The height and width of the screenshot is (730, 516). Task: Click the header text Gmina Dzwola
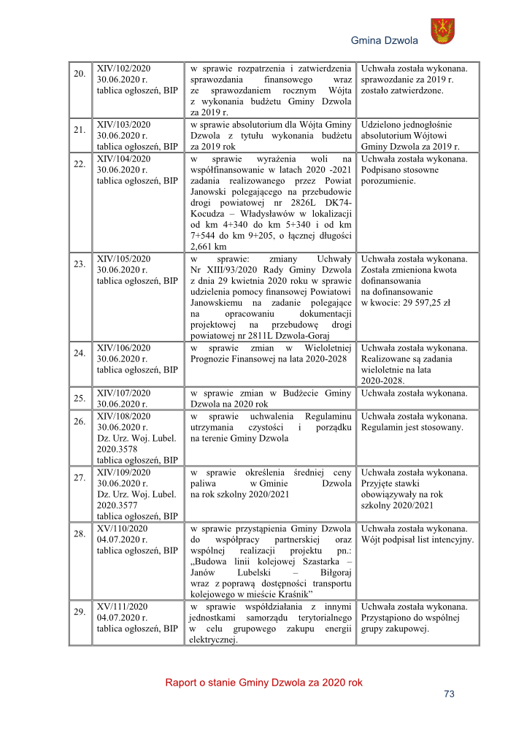385,40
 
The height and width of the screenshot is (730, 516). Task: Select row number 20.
79,74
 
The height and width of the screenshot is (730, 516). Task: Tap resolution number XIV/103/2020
124,125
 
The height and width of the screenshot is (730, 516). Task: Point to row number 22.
79,164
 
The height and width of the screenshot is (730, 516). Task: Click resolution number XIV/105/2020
124,258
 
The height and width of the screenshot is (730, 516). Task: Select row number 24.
79,353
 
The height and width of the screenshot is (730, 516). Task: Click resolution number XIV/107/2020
124,393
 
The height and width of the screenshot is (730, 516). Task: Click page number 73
449,694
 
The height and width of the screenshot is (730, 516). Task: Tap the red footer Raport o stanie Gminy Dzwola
263,683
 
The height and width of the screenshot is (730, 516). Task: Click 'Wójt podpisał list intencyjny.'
417,539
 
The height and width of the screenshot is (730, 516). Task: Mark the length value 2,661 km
208,247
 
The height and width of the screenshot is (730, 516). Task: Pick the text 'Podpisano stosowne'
400,169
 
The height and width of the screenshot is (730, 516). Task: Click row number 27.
79,477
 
